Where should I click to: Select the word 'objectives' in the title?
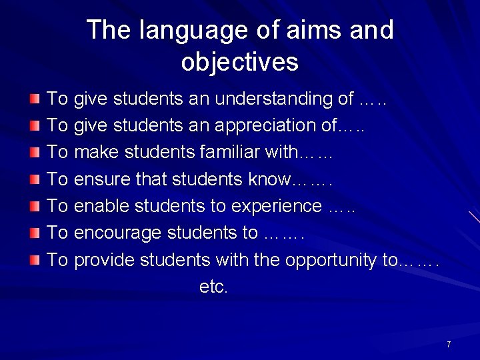tap(239, 62)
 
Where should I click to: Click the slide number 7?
tap(449, 344)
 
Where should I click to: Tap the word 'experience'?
tap(276, 206)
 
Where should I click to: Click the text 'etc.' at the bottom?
tap(213, 287)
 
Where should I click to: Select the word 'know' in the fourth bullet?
tap(270, 179)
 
